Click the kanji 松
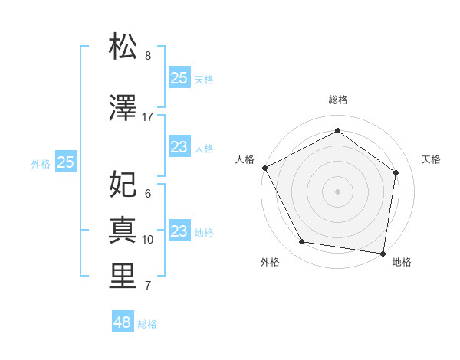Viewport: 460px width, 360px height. (x=123, y=46)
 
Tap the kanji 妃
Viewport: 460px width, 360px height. (x=123, y=184)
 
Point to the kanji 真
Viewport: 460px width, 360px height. (x=123, y=230)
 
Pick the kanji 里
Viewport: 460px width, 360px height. (x=123, y=277)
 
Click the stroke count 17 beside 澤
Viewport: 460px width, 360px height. (x=148, y=117)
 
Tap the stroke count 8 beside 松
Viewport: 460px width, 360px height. (x=148, y=56)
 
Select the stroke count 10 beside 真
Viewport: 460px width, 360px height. (x=148, y=240)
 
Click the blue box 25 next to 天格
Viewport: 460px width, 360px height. (x=179, y=78)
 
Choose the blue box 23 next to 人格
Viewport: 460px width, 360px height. (x=179, y=147)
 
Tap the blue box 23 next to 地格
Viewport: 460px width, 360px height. (x=179, y=231)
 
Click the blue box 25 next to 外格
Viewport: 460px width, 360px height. (x=66, y=162)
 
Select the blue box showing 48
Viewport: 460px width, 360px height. (x=123, y=322)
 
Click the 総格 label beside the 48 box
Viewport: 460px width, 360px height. (x=147, y=324)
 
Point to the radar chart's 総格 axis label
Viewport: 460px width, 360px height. (x=337, y=100)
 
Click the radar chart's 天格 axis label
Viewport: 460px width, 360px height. (x=432, y=159)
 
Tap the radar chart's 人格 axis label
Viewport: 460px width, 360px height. (x=245, y=159)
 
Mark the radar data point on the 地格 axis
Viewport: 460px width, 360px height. (x=383, y=253)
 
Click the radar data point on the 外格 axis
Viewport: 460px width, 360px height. (x=302, y=243)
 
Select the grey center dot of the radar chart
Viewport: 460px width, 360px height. (x=337, y=191)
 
